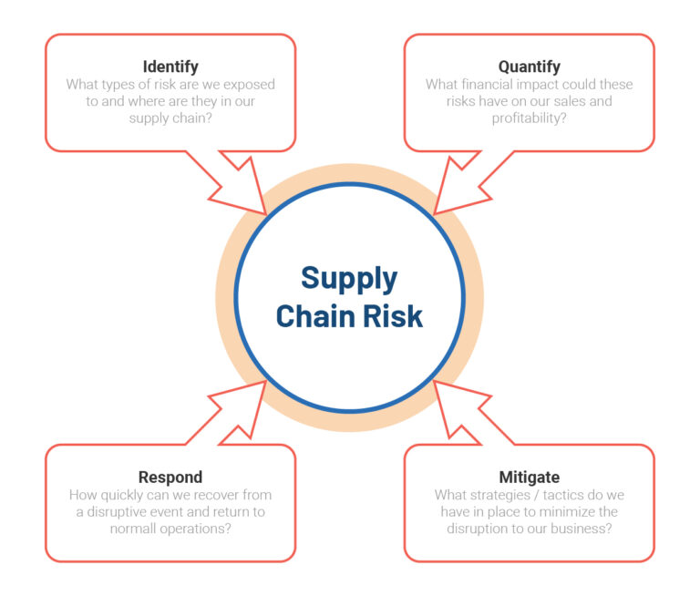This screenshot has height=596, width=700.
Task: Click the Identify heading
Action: (x=170, y=67)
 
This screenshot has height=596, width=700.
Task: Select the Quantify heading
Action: (x=529, y=67)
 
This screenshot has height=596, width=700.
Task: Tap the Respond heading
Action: (x=170, y=477)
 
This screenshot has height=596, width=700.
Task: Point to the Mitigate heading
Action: (x=529, y=477)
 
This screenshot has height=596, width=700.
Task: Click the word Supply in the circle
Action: (x=349, y=278)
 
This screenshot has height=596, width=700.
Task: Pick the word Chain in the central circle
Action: (x=314, y=315)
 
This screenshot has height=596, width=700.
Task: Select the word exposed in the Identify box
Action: (x=247, y=85)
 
